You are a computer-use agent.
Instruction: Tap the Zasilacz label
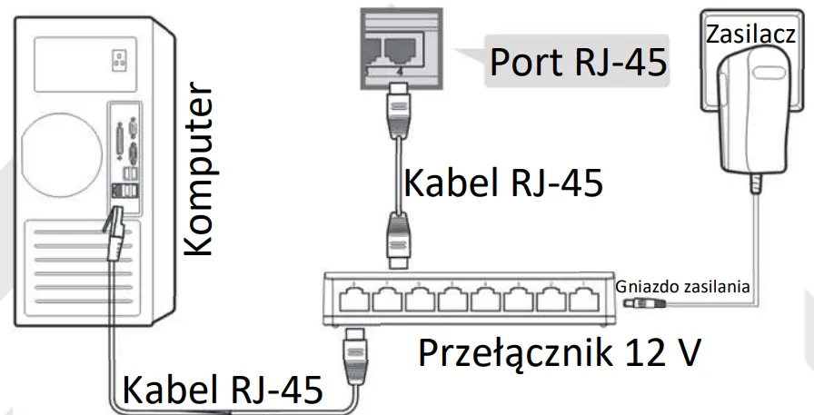coord(750,35)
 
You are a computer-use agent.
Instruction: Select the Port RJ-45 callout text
coord(578,62)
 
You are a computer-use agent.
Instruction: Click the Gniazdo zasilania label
coord(682,286)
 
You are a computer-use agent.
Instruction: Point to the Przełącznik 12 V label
coord(560,353)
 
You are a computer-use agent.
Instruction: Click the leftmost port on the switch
coord(354,300)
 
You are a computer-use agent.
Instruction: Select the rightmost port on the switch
coord(585,300)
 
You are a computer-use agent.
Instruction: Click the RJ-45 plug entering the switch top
coord(398,242)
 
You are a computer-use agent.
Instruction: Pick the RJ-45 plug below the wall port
coord(398,111)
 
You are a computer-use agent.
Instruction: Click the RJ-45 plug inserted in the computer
coord(115,232)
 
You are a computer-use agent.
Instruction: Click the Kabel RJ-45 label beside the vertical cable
coord(503,183)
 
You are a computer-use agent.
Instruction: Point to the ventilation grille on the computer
coord(77,269)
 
